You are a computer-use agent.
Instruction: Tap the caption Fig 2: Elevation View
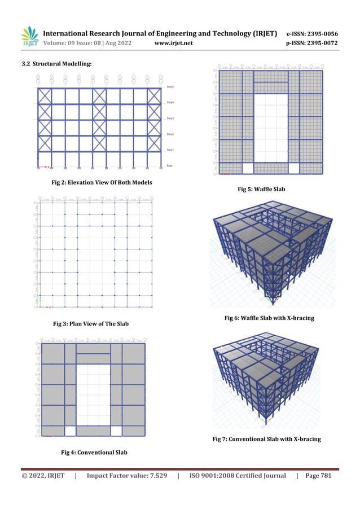point(102,182)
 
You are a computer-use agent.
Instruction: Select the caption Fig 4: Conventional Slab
point(94,452)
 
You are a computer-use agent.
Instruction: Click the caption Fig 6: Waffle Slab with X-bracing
point(269,318)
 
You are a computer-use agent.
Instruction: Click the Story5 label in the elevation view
point(170,87)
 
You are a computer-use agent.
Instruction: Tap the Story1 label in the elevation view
point(170,150)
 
